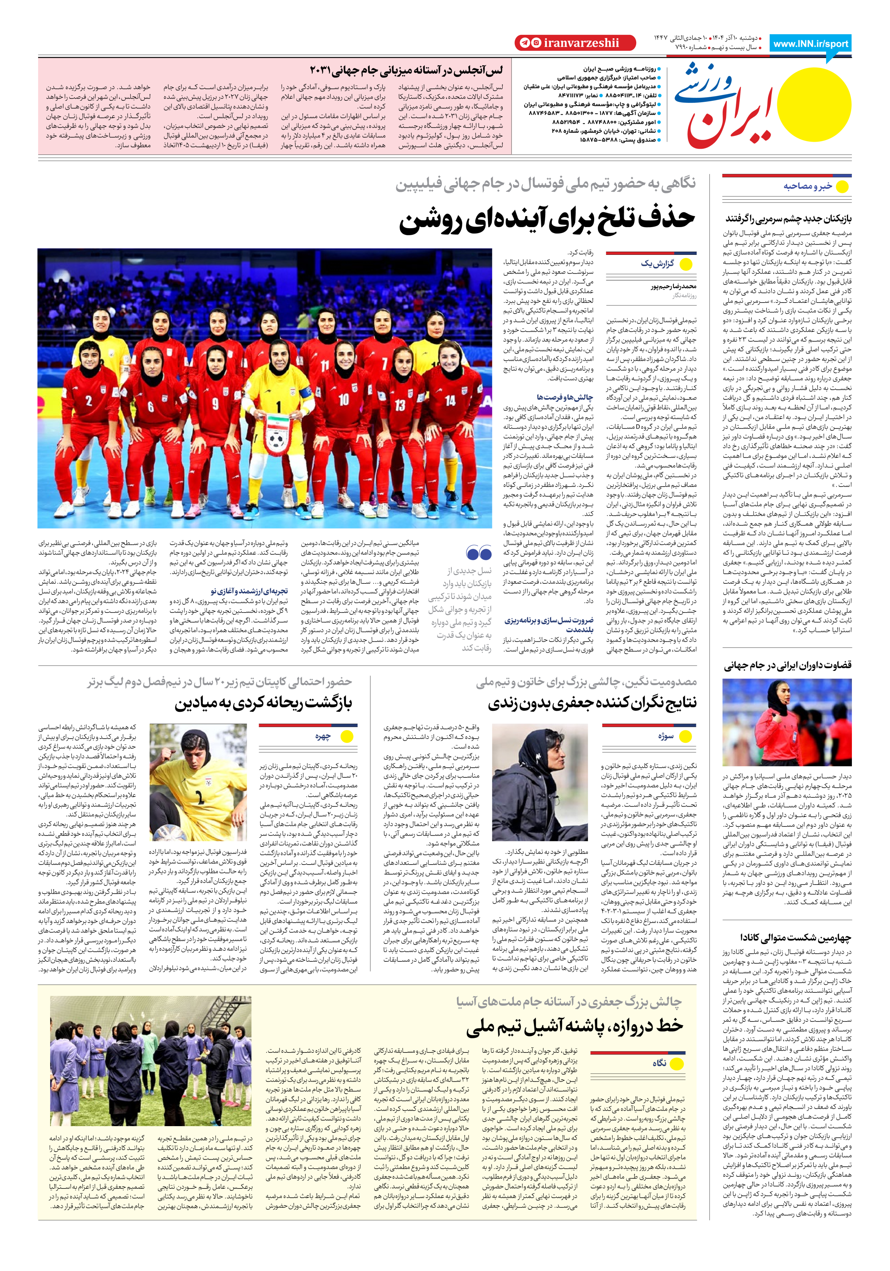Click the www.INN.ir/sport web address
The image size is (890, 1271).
(810, 44)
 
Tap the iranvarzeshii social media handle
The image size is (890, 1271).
(574, 43)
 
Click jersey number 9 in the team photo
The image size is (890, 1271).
(215, 403)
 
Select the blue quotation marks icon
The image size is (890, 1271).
(478, 552)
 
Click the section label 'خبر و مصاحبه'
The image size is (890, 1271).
(807, 187)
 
